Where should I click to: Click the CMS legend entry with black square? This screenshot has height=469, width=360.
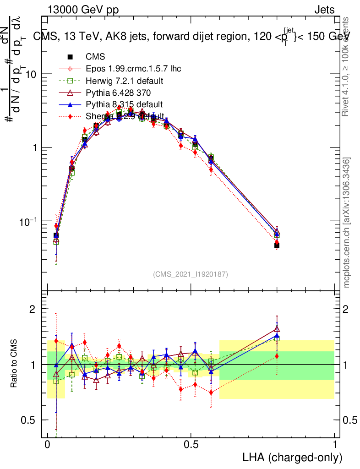click(95, 57)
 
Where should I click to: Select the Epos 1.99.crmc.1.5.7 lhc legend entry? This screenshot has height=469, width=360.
click(133, 69)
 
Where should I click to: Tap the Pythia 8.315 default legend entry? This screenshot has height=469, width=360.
click(124, 105)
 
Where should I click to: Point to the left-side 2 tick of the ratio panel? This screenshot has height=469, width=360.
click(33, 309)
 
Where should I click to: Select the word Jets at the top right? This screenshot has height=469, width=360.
click(324, 10)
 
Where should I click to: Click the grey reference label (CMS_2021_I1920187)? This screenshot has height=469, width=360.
click(190, 274)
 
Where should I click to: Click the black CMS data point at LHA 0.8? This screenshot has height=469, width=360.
click(277, 245)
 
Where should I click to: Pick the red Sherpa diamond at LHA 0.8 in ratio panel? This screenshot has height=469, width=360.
click(277, 356)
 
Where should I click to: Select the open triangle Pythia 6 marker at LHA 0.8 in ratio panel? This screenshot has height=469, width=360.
click(277, 328)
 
